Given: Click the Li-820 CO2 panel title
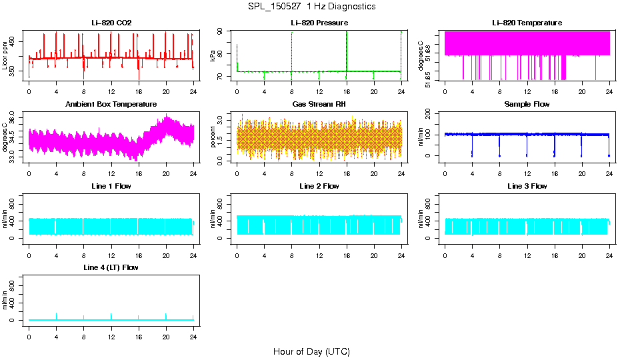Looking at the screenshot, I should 111,23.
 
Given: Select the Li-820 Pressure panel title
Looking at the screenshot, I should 319,23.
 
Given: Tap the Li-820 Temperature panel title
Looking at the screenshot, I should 527,23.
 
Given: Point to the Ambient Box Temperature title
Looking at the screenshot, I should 111,105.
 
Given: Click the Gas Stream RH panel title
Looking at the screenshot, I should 319,105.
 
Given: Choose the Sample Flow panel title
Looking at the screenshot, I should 527,105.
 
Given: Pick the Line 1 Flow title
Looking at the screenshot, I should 111,186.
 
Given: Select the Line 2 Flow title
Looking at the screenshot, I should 319,186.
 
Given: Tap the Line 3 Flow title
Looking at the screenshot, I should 527,186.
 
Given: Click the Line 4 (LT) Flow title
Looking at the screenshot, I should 111,267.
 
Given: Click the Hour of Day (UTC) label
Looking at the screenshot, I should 311,351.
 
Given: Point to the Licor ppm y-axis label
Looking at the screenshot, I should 6,56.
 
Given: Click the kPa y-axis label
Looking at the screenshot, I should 213,56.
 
